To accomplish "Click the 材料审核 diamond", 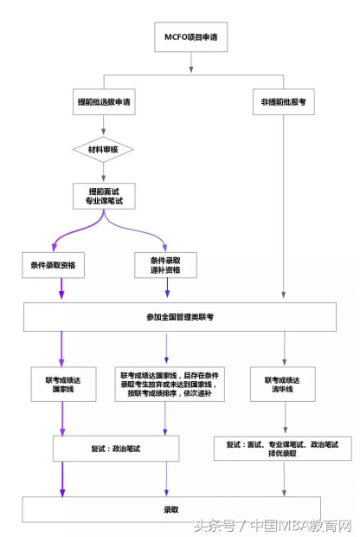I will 104,150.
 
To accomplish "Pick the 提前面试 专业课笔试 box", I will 104,195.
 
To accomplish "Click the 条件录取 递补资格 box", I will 166,264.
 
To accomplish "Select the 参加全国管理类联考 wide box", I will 180,317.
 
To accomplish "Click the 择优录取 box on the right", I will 283,449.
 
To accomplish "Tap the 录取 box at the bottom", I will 171,508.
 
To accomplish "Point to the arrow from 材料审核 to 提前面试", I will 104,171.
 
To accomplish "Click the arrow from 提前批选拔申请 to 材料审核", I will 104,125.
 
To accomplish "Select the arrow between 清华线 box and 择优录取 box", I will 283,417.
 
